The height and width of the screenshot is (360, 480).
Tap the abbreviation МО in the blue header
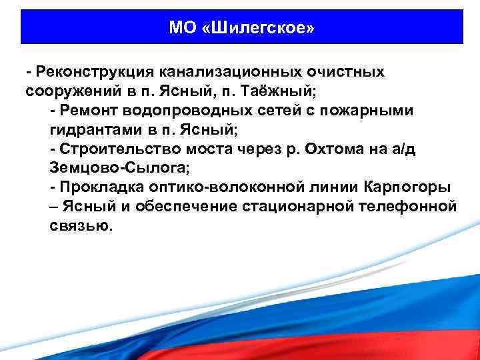pyautogui.click(x=181, y=29)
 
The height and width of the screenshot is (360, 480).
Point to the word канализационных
pyautogui.click(x=226, y=71)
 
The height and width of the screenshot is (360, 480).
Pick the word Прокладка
pyautogui.click(x=95, y=187)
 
